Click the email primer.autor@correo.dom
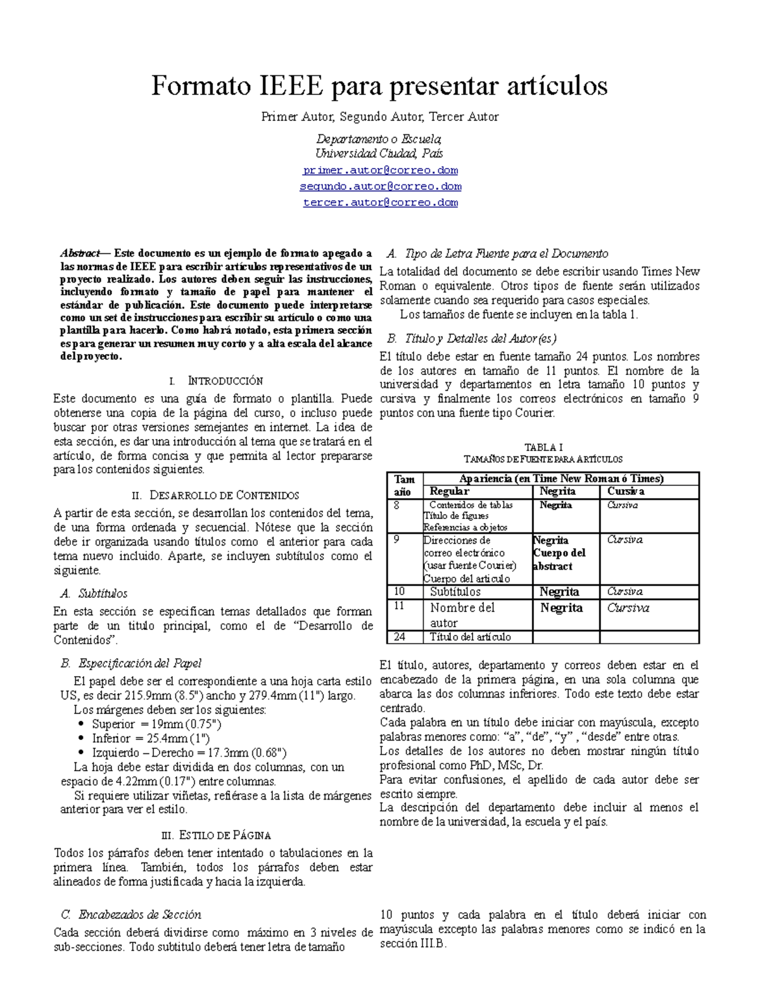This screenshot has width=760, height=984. [380, 170]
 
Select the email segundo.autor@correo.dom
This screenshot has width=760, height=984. [380, 186]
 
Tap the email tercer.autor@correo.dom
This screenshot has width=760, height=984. [380, 203]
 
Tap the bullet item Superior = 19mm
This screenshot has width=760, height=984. [156, 724]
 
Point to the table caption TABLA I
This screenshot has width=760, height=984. [543, 447]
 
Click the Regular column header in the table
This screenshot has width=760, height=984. [450, 491]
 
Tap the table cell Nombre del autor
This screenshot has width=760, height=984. [462, 615]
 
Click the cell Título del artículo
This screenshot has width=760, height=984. [470, 637]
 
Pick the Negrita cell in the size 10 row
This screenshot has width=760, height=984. [559, 592]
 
